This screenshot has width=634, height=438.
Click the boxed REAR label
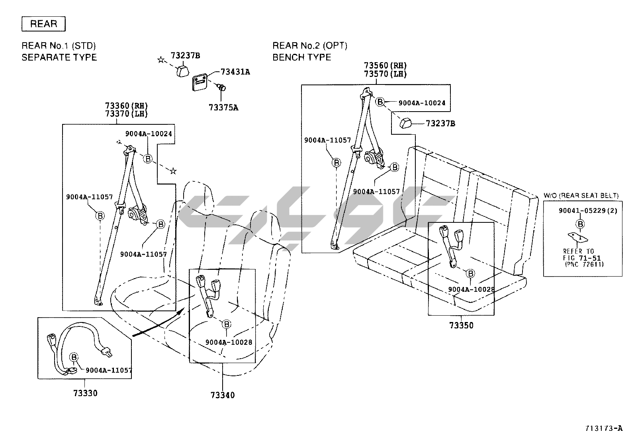(43, 24)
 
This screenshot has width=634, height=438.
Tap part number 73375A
(223, 107)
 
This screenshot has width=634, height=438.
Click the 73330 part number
(85, 393)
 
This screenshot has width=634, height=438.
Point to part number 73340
(223, 395)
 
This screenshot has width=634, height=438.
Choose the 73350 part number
(462, 326)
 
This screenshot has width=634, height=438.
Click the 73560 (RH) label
(385, 65)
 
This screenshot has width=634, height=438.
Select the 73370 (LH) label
(126, 114)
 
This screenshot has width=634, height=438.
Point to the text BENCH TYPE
(301, 57)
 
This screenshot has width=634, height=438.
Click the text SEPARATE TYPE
(59, 57)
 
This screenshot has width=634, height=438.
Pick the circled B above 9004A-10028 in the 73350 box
(471, 274)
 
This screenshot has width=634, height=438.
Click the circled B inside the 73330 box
(74, 357)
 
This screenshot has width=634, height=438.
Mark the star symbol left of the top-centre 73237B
(161, 60)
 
